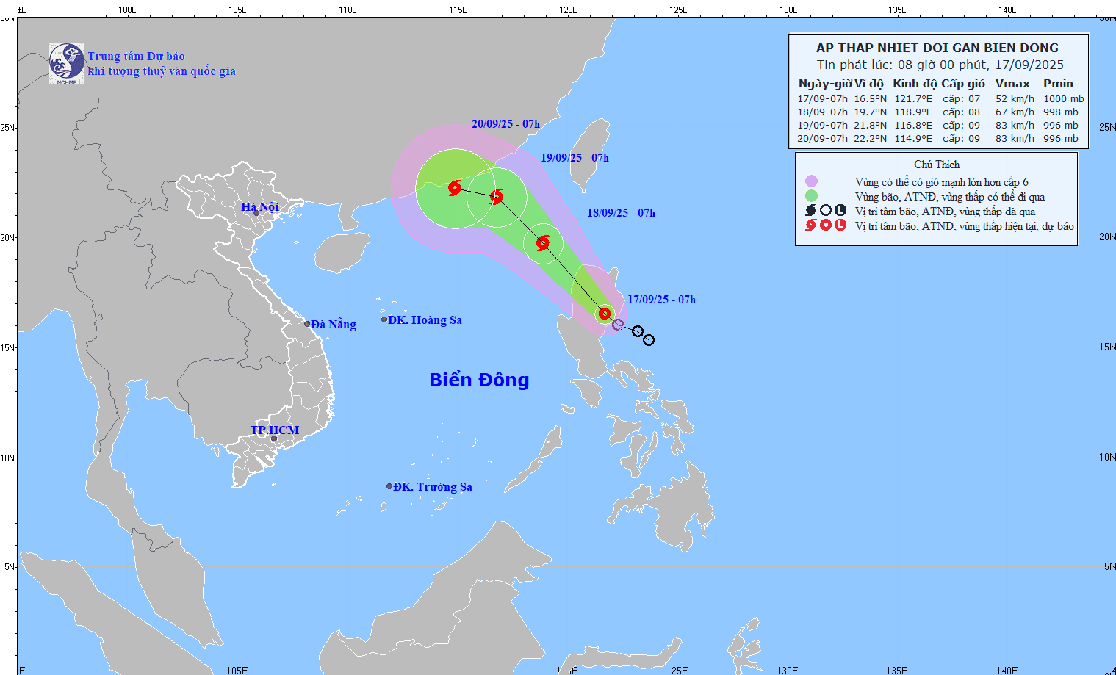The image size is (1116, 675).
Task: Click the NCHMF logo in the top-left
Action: [x=66, y=64]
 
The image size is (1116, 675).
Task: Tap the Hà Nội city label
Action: [x=260, y=207]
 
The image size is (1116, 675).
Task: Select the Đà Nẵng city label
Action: [x=333, y=325]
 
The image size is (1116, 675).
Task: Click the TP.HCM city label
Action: [x=275, y=430]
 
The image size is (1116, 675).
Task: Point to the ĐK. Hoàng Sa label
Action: [x=425, y=320]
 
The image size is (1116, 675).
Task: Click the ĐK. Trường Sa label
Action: [x=432, y=487]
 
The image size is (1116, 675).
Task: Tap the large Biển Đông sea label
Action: [x=479, y=380]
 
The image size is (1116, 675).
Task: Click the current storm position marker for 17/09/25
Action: [x=605, y=314]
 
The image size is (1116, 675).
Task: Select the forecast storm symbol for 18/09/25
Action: [x=543, y=243]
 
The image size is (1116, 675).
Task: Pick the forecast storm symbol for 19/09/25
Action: [x=497, y=196]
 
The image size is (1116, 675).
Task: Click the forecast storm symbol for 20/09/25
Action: [x=455, y=188]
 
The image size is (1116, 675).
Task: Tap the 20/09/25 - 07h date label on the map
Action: [x=505, y=124]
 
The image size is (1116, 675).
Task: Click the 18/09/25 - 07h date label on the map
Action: [x=621, y=213]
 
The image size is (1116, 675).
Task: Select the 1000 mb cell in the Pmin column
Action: [x=1063, y=99]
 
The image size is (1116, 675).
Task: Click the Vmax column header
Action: [x=1012, y=84]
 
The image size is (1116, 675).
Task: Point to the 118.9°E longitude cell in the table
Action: [x=912, y=112]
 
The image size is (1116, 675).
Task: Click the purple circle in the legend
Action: [x=811, y=181]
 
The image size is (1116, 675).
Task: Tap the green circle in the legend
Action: [x=811, y=196]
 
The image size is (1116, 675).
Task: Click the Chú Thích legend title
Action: [x=937, y=165]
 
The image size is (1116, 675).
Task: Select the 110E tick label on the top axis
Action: [x=348, y=10]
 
